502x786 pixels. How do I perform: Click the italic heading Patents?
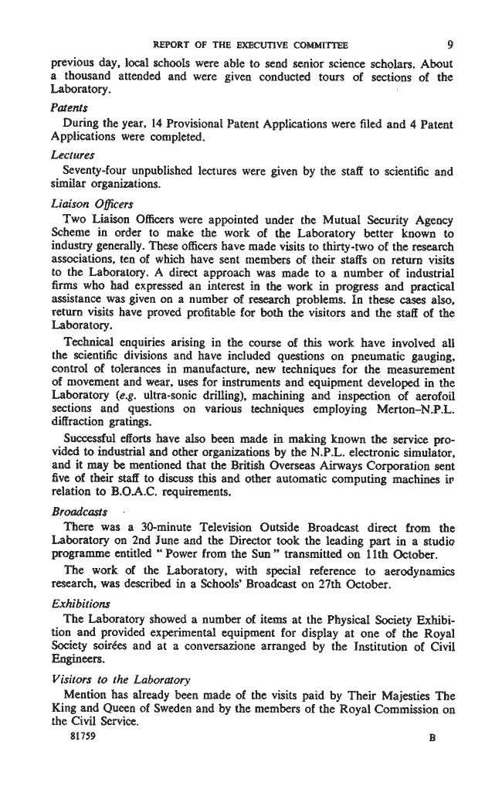[x=67, y=108]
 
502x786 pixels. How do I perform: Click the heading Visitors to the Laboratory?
[x=111, y=679]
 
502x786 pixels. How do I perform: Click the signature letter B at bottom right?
[x=432, y=738]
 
